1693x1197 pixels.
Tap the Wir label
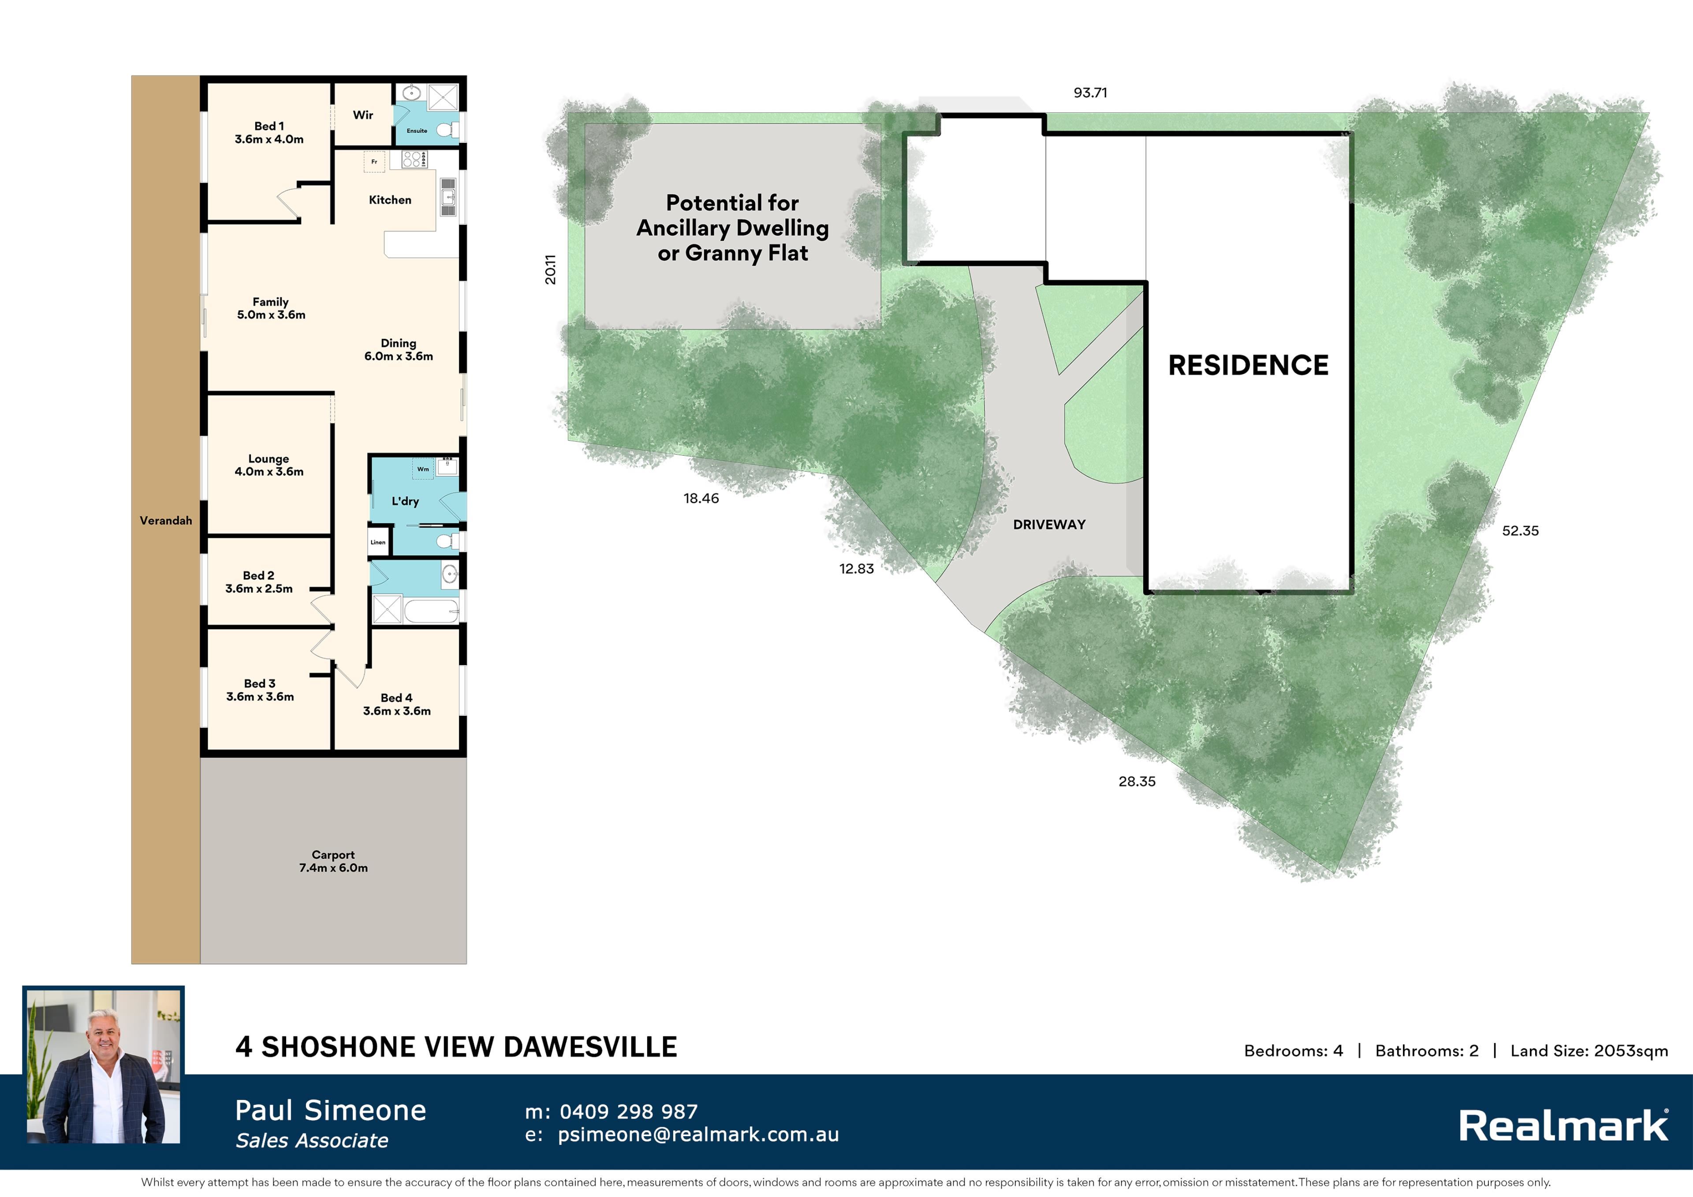pos(363,115)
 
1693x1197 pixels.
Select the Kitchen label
pos(390,200)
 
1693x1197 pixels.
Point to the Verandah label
pos(166,521)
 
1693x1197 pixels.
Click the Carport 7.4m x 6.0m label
pos(333,861)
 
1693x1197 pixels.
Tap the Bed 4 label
pos(397,698)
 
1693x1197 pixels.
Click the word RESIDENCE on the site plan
pos(1248,365)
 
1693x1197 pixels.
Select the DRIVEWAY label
pos(1049,524)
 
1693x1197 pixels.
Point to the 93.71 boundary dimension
pos(1091,93)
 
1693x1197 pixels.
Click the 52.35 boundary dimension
pos(1521,531)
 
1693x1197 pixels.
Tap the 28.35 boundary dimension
pos(1137,782)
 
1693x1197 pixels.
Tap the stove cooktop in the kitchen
pos(414,159)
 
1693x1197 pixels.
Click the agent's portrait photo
pos(103,1066)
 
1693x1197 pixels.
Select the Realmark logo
pos(1564,1126)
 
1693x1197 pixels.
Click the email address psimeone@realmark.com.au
pos(698,1135)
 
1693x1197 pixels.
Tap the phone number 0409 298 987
pos(628,1111)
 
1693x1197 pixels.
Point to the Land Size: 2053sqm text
pos(1589,1051)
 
